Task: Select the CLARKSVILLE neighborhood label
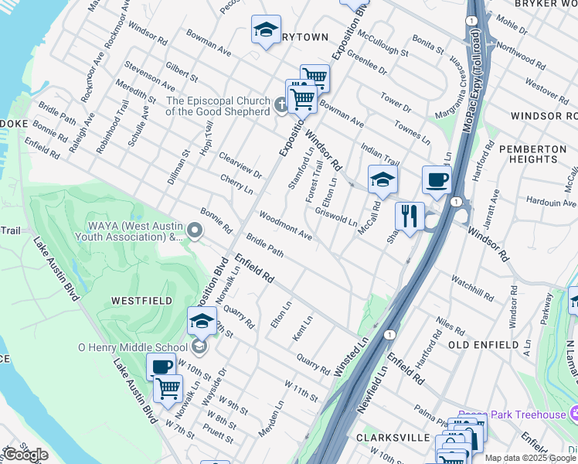click(393, 437)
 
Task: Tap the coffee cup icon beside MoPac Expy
click(437, 179)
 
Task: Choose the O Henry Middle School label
click(132, 347)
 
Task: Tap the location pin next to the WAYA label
click(195, 230)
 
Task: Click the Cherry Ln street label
click(236, 183)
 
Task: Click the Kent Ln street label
click(303, 329)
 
